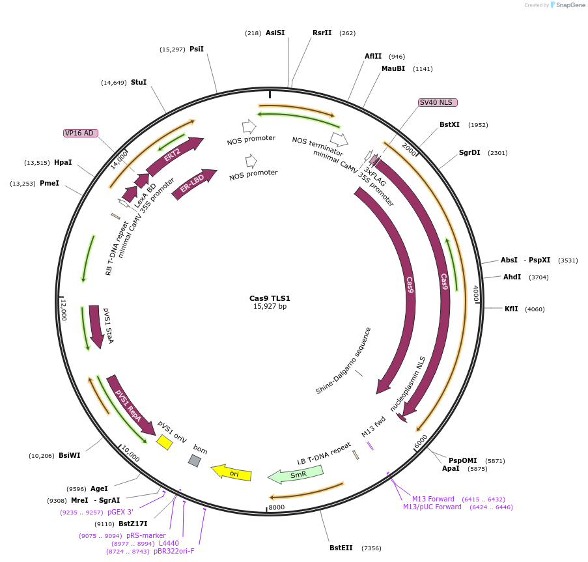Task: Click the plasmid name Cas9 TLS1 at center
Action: click(x=270, y=298)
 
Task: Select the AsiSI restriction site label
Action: click(x=275, y=33)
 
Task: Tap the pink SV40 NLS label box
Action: click(x=438, y=102)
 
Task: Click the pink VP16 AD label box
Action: click(x=80, y=133)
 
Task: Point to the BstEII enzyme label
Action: click(x=341, y=548)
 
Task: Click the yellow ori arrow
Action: click(x=232, y=473)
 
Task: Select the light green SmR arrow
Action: click(x=297, y=475)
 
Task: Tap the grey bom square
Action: click(x=194, y=460)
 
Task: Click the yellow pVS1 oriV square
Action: click(x=164, y=442)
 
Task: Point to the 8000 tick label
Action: click(x=277, y=507)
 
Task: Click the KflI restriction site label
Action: click(x=511, y=309)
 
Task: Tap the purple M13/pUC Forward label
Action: click(x=432, y=507)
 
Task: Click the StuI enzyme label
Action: click(x=139, y=82)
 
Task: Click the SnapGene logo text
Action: click(x=569, y=5)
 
